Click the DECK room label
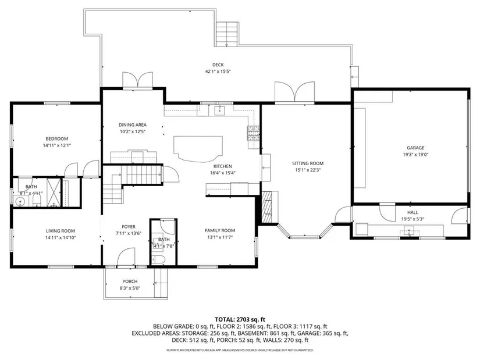[x=218, y=65]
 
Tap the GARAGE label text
[x=415, y=148]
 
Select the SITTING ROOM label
[x=308, y=163]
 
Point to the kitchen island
[x=198, y=148]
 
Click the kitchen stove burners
[x=254, y=133]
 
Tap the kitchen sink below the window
[x=219, y=110]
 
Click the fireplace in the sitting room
[x=267, y=207]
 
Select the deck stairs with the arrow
[x=227, y=34]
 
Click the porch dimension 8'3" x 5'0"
[x=130, y=288]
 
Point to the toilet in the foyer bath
[x=159, y=259]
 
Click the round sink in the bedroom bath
[x=20, y=202]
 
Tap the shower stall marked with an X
[x=54, y=193]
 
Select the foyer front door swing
[x=126, y=257]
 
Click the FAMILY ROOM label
[x=220, y=230]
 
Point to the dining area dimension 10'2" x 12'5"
[x=132, y=131]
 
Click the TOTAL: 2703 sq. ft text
[x=240, y=320]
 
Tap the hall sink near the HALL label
[x=409, y=230]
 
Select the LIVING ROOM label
[x=61, y=231]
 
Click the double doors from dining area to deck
[x=138, y=80]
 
